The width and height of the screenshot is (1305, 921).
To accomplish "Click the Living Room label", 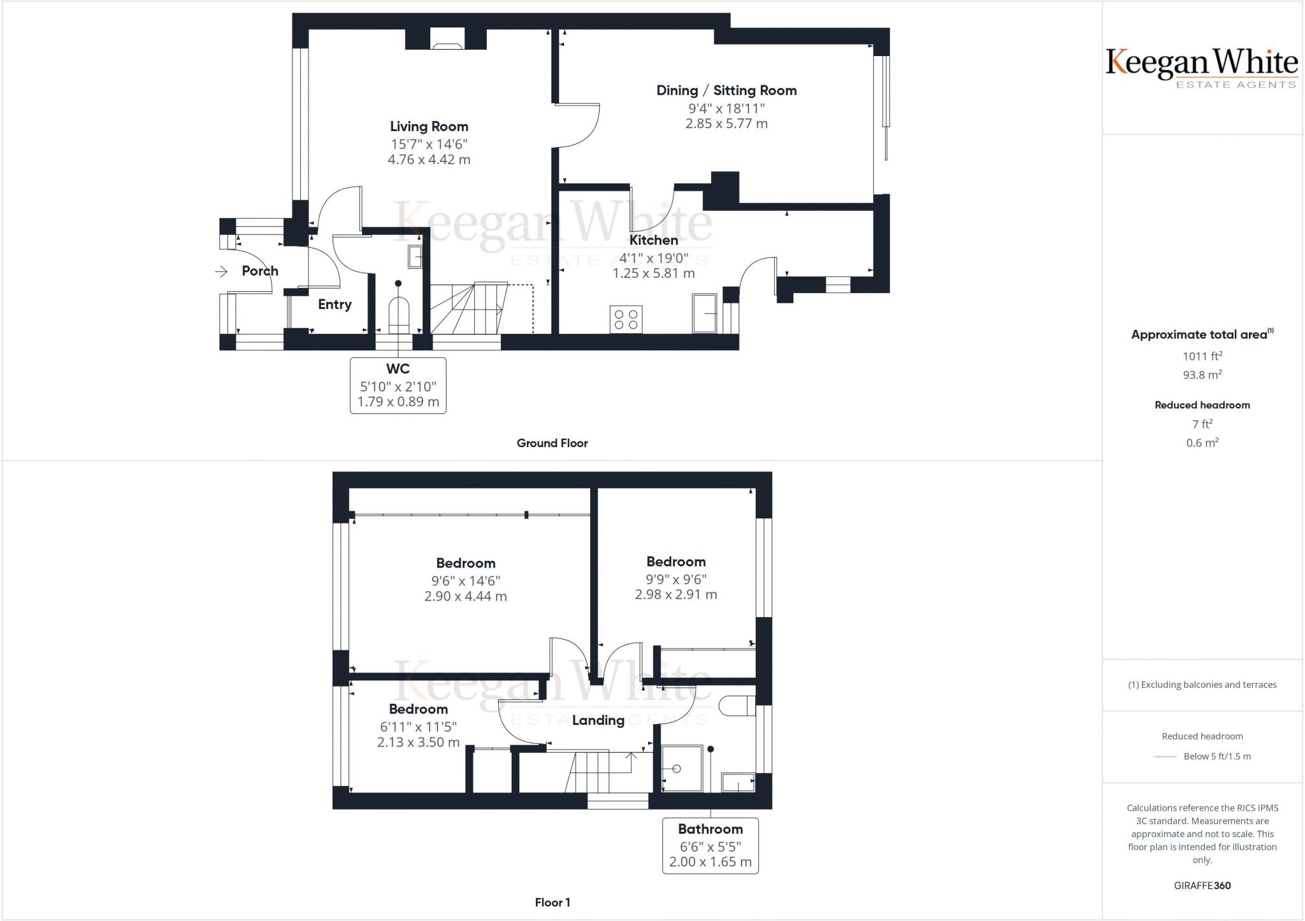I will (x=429, y=126).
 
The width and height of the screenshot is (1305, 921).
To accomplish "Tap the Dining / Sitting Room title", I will (x=726, y=90).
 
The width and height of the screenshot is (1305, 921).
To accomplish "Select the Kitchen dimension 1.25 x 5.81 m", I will (x=654, y=273).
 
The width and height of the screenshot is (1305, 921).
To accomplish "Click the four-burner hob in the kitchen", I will (x=625, y=319).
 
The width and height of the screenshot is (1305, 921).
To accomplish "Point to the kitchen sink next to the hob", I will (x=705, y=313).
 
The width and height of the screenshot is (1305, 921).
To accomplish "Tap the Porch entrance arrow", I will (x=221, y=272).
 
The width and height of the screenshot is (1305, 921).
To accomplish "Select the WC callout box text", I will (x=398, y=385).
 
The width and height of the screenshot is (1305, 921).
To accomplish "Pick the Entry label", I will (x=335, y=304).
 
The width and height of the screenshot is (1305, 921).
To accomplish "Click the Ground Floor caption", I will (x=552, y=443).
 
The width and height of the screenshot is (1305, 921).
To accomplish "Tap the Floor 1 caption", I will (x=552, y=903).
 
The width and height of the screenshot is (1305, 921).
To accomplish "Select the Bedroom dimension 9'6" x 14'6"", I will (x=466, y=581).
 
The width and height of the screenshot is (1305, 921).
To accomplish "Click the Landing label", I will (x=598, y=720).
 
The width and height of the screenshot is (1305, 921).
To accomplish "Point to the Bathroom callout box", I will (x=710, y=845).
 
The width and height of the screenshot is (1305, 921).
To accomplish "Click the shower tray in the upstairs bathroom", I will (x=681, y=769).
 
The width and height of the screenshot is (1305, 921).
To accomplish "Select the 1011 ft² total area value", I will (x=1202, y=356).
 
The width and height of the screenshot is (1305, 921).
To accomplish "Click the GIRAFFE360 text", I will (x=1202, y=885).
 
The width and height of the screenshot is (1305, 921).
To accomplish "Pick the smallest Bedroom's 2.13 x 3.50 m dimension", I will (x=418, y=742).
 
